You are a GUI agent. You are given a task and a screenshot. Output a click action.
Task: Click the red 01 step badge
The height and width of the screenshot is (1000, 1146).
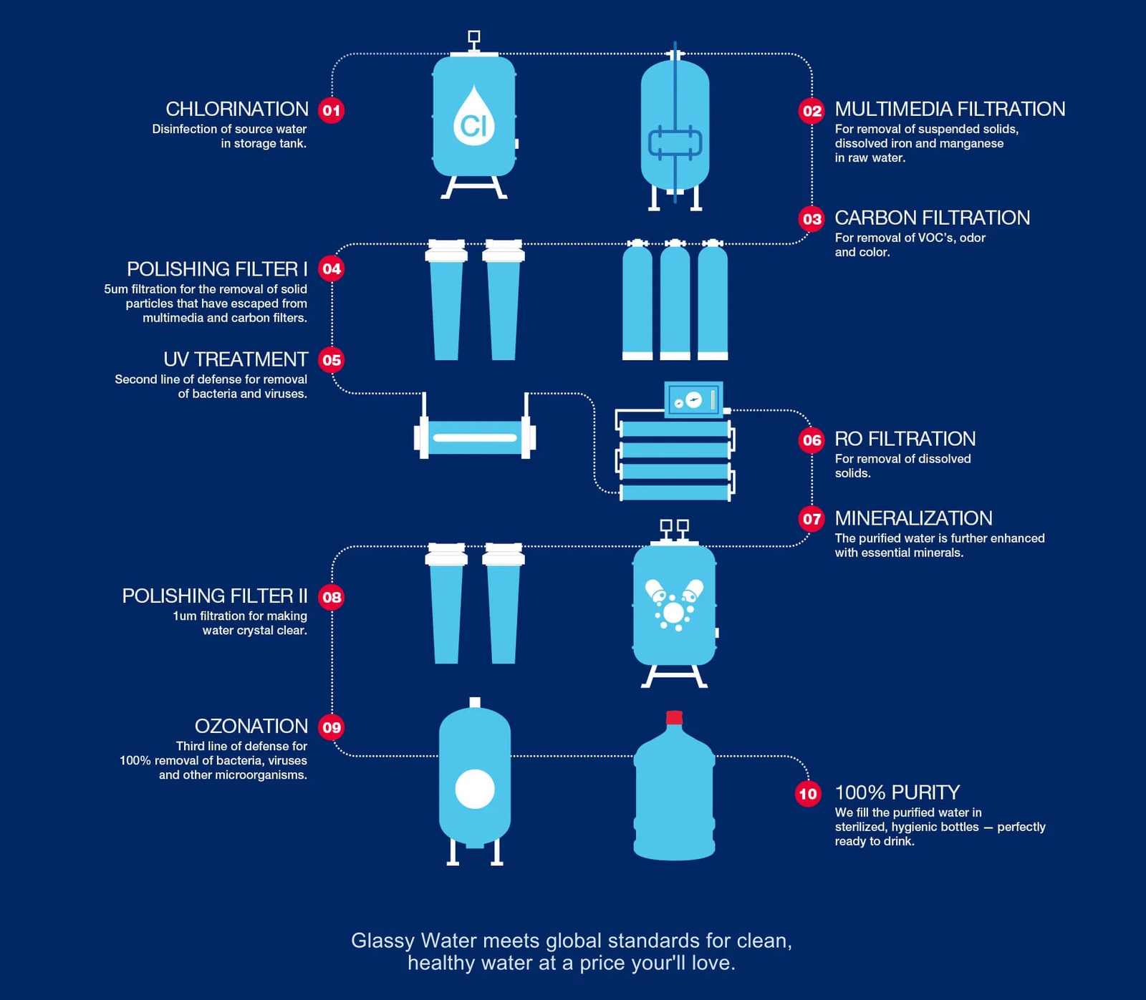pos(331,110)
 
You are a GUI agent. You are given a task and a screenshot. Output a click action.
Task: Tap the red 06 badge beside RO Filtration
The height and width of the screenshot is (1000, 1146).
pos(812,440)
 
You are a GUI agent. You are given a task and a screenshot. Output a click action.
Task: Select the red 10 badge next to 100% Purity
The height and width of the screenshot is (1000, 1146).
pos(808,793)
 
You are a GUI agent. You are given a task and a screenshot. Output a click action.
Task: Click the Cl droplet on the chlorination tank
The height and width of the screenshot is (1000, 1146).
pos(474,117)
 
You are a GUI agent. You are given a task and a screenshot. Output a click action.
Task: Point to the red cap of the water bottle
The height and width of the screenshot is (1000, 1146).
pos(674,717)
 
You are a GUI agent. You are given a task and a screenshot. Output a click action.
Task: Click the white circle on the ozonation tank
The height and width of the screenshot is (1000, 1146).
pos(475,789)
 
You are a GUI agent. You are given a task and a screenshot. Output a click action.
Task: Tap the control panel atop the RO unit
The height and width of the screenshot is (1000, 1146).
pos(693,399)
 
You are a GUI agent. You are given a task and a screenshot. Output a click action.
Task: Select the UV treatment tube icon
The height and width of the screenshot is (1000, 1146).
pos(475,437)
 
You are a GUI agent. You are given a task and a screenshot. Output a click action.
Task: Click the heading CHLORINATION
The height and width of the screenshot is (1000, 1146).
pos(237,109)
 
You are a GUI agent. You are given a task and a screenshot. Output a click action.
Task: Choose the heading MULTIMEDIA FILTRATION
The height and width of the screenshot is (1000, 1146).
pos(950,109)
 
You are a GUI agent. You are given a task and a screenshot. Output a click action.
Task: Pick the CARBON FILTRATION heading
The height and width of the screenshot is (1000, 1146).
pos(932,218)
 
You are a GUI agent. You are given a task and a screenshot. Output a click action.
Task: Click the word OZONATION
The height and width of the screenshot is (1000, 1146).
pos(251,726)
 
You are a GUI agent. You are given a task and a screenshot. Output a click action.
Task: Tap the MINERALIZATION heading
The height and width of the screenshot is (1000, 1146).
pos(913,518)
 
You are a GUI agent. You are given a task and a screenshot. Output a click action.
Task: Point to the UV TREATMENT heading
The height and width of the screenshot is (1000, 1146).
pos(236,359)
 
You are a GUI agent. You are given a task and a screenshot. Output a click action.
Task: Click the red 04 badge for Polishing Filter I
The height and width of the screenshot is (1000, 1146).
pos(331,269)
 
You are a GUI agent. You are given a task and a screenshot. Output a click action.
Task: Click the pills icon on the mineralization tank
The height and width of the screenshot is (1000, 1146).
pos(674,604)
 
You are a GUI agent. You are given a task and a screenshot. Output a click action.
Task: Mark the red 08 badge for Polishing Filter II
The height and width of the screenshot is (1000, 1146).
pos(332,597)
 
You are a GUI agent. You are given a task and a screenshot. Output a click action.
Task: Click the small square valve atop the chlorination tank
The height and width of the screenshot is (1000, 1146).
pos(473,37)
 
